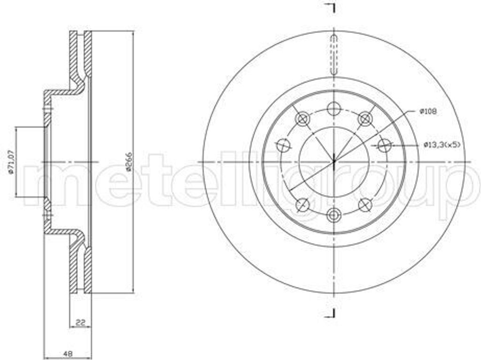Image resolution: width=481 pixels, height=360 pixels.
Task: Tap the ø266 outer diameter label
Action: click(x=128, y=162)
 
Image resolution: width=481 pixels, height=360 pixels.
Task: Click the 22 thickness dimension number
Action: click(x=80, y=323)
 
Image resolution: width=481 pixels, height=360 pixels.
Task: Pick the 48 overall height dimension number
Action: click(x=69, y=353)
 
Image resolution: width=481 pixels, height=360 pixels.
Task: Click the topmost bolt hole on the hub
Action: click(x=334, y=108)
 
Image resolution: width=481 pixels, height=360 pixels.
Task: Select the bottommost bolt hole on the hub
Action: click(x=334, y=215)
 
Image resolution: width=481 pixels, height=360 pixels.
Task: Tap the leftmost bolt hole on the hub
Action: click(x=283, y=145)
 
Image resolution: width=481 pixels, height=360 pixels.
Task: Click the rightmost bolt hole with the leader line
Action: click(x=384, y=145)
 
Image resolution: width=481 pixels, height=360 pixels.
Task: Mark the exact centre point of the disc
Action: click(x=334, y=162)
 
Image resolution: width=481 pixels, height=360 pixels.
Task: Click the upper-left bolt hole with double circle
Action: click(x=302, y=118)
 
